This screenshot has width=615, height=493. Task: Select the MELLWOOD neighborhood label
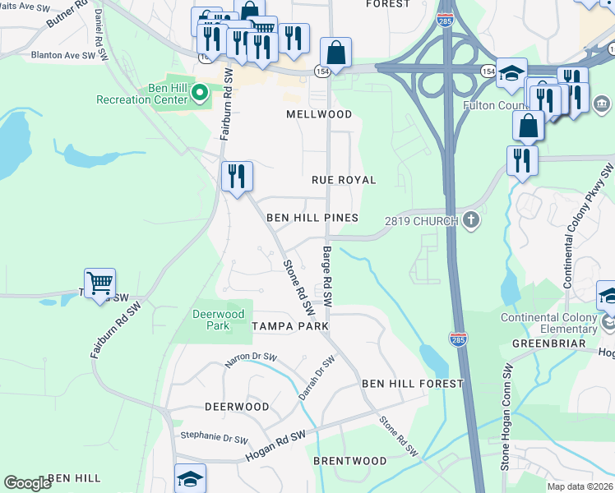(319, 114)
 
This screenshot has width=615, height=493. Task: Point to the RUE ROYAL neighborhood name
(344, 180)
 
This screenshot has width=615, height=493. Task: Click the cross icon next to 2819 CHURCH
(471, 219)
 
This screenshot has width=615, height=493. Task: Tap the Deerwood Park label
(219, 320)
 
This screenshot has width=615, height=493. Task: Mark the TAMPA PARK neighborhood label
(290, 326)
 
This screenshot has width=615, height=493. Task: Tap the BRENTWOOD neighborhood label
(349, 461)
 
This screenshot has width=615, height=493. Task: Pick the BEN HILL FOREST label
(413, 384)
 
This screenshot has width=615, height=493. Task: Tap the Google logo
(27, 483)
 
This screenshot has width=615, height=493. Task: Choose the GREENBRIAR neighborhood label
(547, 343)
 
